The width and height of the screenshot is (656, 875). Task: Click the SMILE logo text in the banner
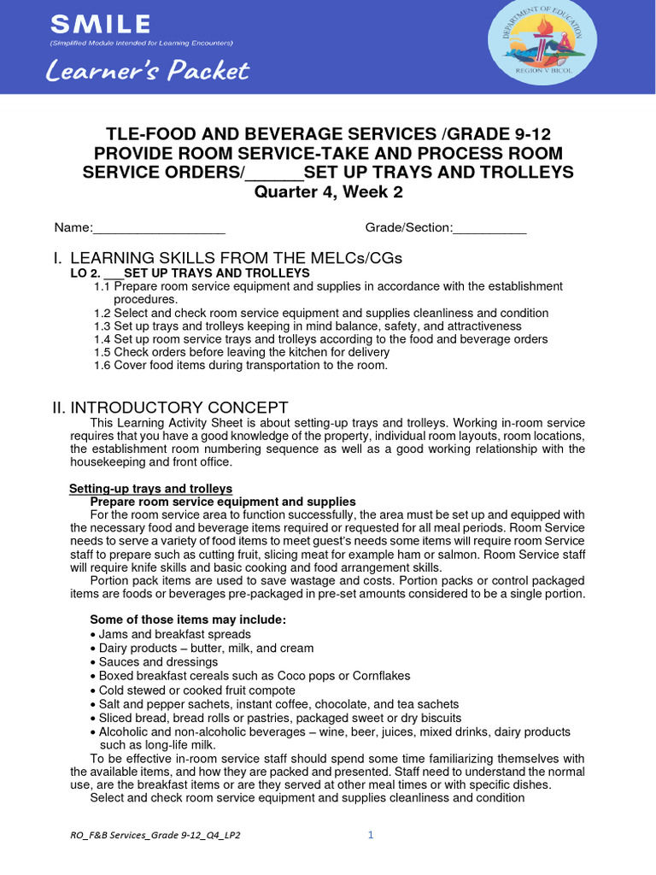(x=101, y=23)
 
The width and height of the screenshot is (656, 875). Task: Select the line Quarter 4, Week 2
(x=328, y=192)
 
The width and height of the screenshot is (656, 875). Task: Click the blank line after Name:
(x=159, y=228)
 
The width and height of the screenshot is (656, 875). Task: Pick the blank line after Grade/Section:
(x=489, y=228)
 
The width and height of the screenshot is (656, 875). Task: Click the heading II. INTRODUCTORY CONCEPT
(x=171, y=408)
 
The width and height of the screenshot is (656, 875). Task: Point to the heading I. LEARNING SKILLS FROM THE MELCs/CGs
(x=227, y=258)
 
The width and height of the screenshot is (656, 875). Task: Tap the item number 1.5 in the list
(x=102, y=352)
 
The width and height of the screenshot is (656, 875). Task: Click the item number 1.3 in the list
(x=102, y=326)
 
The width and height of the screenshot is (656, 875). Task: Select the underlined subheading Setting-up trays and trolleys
(x=150, y=489)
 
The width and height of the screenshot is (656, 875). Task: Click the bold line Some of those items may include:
(x=188, y=620)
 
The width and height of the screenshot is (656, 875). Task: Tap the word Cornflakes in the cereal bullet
(x=376, y=676)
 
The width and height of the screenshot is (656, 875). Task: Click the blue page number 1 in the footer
(x=371, y=835)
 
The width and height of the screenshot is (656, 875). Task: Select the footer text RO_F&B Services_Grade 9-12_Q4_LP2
(x=155, y=836)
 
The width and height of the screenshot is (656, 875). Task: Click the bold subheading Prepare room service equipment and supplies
(x=223, y=502)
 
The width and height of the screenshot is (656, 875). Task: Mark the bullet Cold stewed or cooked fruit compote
(x=196, y=690)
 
